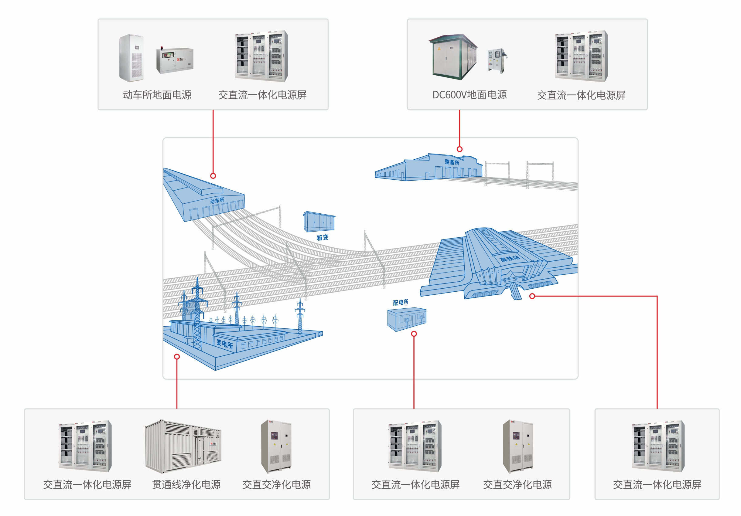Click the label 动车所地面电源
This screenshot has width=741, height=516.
click(x=157, y=95)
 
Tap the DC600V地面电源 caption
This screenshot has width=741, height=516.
click(x=469, y=95)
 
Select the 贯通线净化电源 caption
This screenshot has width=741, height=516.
click(x=186, y=484)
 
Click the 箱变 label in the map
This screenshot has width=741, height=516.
click(x=322, y=238)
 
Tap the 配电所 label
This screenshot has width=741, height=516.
click(x=400, y=302)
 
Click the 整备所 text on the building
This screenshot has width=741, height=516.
click(x=452, y=162)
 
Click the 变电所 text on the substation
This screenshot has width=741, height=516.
click(x=224, y=344)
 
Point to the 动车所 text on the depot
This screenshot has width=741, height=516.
click(x=217, y=201)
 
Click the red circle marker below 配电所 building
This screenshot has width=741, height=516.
click(x=414, y=334)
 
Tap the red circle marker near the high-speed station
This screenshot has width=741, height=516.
click(x=532, y=296)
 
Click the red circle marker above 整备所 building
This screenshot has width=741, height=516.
click(x=459, y=149)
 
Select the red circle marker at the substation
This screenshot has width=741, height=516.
click(x=177, y=356)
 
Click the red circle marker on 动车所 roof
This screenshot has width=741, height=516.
click(x=213, y=176)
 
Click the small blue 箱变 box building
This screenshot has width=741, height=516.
click(x=319, y=222)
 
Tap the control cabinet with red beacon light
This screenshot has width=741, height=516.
click(x=175, y=60)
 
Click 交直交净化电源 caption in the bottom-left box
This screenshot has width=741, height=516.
click(x=276, y=484)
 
